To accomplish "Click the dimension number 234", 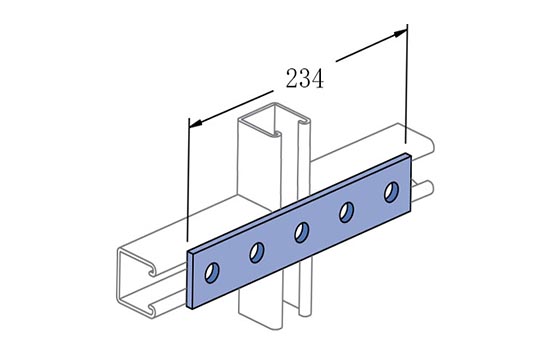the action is click(x=304, y=78).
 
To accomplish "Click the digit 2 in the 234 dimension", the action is click(x=292, y=78).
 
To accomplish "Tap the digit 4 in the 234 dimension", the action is click(x=317, y=78).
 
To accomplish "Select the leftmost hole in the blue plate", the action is click(x=212, y=272).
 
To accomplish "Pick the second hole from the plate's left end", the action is click(x=257, y=252).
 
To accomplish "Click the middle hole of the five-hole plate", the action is click(x=302, y=233).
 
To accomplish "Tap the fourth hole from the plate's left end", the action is click(x=347, y=212).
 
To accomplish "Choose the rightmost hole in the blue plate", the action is click(x=391, y=192).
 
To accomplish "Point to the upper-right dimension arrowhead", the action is click(x=400, y=33).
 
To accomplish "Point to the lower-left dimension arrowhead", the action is click(x=196, y=123).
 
